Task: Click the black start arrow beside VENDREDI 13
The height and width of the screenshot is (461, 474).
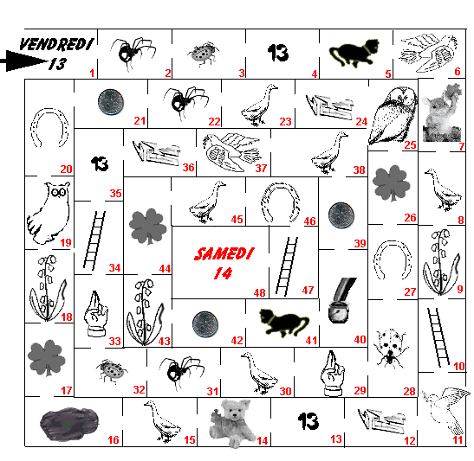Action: (24, 61)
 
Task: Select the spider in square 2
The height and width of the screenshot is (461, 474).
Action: (133, 54)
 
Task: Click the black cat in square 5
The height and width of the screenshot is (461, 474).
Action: (354, 53)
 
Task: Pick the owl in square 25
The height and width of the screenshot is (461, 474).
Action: (393, 115)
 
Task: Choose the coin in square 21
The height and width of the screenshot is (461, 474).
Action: (111, 102)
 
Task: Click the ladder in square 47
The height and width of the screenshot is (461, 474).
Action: (287, 266)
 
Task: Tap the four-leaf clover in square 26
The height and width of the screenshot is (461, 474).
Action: (392, 182)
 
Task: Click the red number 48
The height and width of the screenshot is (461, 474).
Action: (259, 292)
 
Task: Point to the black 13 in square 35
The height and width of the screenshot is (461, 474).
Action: (100, 164)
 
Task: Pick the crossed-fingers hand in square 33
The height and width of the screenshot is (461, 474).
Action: (96, 313)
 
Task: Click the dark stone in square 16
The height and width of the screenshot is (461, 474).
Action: (69, 424)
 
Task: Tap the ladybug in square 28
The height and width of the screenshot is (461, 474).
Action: (390, 349)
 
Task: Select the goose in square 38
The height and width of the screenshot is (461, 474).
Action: (329, 153)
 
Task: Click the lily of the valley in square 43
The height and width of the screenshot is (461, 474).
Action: (146, 312)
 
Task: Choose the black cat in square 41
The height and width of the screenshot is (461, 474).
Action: (284, 323)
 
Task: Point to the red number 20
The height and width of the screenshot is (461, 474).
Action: (66, 169)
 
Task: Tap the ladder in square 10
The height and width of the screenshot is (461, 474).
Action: (438, 337)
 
